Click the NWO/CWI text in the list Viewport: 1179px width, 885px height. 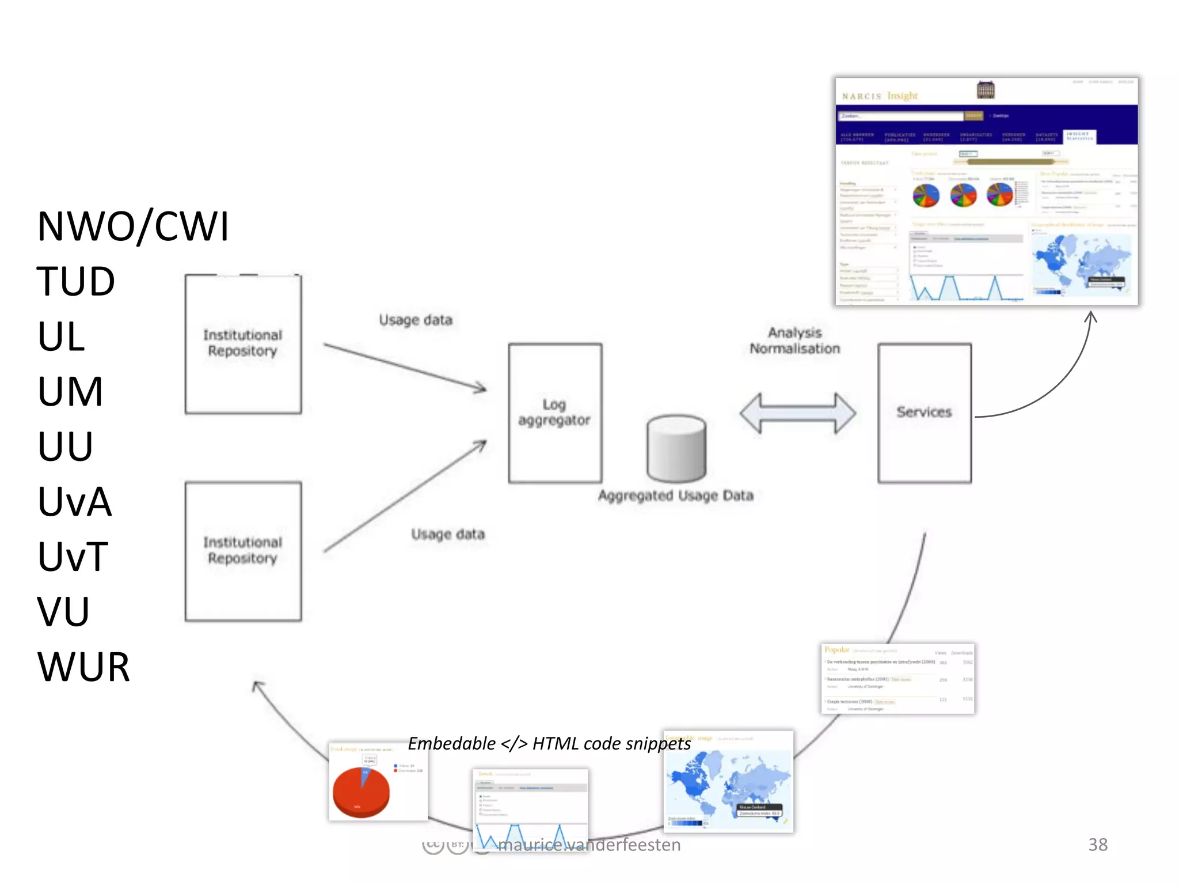(133, 226)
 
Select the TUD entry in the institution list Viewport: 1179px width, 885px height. (75, 282)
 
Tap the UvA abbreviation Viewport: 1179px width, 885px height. (74, 502)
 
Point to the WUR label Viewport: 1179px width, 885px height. (83, 667)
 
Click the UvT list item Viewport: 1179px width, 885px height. (73, 557)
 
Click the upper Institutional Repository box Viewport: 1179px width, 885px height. (243, 344)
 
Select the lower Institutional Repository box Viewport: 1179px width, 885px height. (243, 551)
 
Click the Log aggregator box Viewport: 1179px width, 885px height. (555, 413)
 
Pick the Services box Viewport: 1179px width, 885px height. (924, 413)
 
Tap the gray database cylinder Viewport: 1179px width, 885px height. (676, 449)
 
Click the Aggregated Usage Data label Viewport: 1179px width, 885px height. (675, 496)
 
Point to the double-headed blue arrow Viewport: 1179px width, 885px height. (797, 413)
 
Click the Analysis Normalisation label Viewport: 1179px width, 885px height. (794, 341)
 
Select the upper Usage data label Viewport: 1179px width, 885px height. (416, 320)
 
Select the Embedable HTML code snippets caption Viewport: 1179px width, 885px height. (549, 744)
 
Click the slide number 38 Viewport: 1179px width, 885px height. (1097, 845)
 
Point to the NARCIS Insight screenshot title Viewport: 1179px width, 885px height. (880, 96)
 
